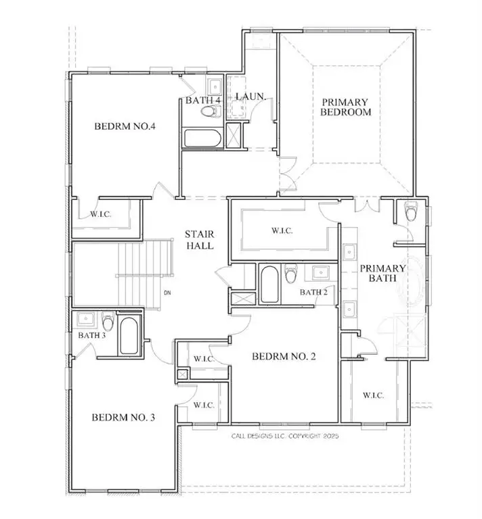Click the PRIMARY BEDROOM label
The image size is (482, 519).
pos(346,107)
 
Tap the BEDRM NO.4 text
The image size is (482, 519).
pos(125,126)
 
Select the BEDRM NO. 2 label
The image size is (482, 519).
pos(284,356)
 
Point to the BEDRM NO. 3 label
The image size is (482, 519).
pos(124,418)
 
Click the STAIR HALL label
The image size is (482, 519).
pos(200,241)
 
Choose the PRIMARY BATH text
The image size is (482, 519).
pos(382,274)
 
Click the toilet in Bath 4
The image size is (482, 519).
pos(212,111)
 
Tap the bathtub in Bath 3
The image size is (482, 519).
pos(128,337)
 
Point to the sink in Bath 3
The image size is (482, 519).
pos(85,319)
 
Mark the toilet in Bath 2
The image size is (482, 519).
pos(292,274)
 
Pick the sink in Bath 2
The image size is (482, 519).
pos(319,272)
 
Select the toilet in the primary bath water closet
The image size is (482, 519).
pos(410,212)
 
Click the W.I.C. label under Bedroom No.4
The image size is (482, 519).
pos(101,214)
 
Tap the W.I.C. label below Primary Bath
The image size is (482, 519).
pos(373,395)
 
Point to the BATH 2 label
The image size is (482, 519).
pos(313,293)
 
